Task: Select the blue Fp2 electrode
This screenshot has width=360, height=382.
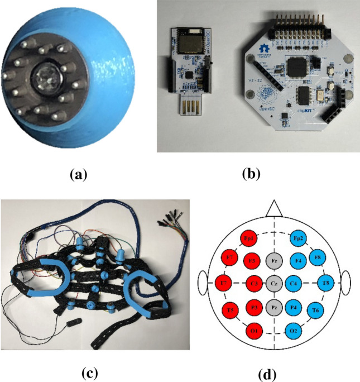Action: (x=297, y=238)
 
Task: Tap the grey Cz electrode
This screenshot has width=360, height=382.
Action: (x=273, y=283)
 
